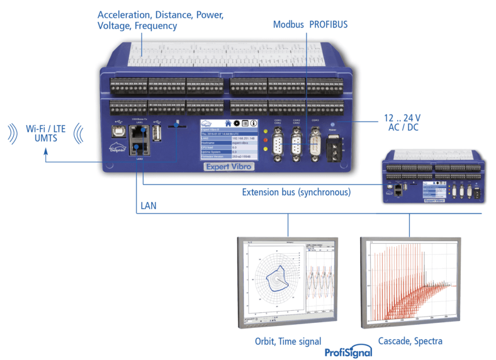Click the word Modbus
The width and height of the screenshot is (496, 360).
(x=288, y=25)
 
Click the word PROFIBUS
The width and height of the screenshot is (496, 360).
(x=328, y=25)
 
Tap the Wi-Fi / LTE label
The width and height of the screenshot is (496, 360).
(x=45, y=128)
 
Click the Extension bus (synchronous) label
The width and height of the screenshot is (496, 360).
(x=296, y=191)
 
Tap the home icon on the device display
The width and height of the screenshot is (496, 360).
(x=227, y=123)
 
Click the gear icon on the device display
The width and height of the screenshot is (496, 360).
(x=237, y=123)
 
